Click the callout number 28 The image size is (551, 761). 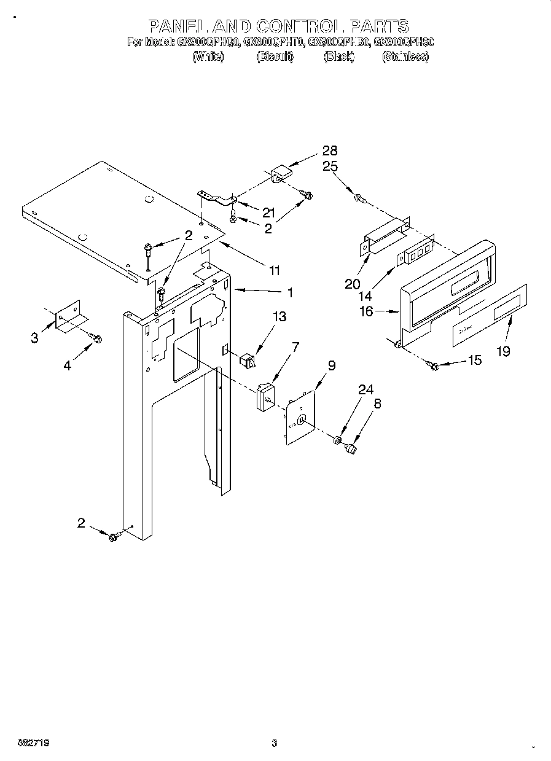tap(330, 150)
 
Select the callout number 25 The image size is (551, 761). tap(330, 166)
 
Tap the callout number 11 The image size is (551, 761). tap(275, 270)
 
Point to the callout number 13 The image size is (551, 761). tap(279, 317)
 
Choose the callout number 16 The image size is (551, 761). tap(367, 312)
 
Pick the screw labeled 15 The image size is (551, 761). tap(434, 366)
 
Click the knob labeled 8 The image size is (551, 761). tap(353, 450)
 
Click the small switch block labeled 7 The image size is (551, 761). tap(265, 396)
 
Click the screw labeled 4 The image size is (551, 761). tap(96, 337)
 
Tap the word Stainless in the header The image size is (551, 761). tap(405, 57)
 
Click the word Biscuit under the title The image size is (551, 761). tap(275, 57)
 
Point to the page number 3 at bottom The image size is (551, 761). tap(275, 743)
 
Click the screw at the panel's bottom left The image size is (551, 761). tap(113, 537)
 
